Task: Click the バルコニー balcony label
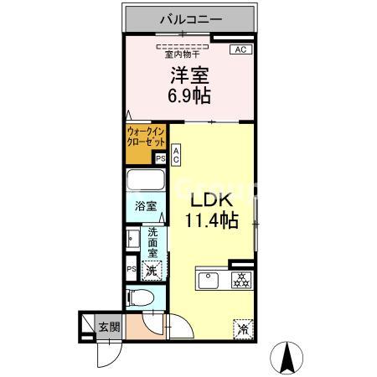(188, 17)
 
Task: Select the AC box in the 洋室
(239, 50)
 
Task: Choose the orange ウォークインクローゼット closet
(146, 137)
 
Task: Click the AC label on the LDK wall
(177, 154)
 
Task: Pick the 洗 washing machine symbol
(152, 270)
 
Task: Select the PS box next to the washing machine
(131, 269)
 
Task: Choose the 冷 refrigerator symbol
(242, 329)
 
